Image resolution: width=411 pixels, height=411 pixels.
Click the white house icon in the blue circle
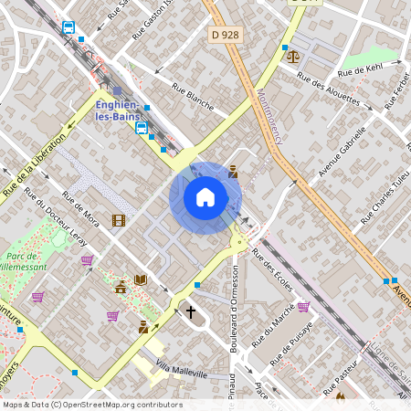coord(205,197)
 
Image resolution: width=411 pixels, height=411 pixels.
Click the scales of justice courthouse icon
coord(292,56)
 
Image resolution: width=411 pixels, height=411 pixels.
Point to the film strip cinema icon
coord(118,220)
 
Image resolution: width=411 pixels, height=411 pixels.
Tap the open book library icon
coord(140,279)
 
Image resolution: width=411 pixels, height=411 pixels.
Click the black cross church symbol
coord(191,312)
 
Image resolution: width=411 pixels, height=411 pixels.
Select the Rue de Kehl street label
coord(359,70)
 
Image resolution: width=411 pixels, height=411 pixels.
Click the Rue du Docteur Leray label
coord(54,219)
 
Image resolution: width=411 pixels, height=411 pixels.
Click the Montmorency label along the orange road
coord(271,117)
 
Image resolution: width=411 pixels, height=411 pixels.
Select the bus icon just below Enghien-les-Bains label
coord(141,128)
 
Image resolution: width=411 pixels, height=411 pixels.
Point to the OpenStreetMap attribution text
coord(91,405)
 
